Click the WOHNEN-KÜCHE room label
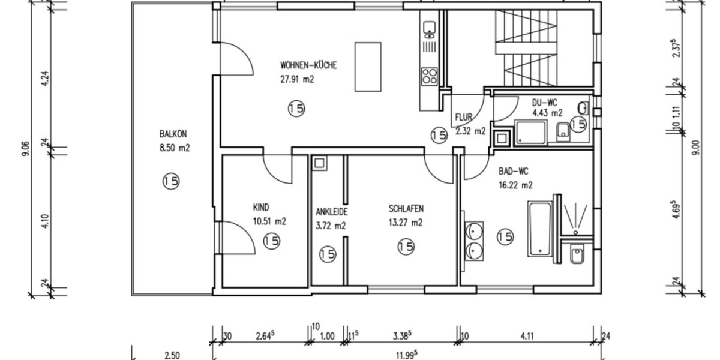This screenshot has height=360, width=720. pyautogui.click(x=308, y=65)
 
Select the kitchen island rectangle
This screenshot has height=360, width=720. pyautogui.click(x=368, y=66)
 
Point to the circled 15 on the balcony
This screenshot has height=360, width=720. pyautogui.click(x=171, y=181)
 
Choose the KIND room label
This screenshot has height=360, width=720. pyautogui.click(x=262, y=208)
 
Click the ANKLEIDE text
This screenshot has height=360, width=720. pyautogui.click(x=332, y=212)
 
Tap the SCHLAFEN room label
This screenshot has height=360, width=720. pyautogui.click(x=406, y=209)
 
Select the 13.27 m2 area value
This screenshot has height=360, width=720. pyautogui.click(x=406, y=223)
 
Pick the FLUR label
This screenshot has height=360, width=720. pyautogui.click(x=464, y=117)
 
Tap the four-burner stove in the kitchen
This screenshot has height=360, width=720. pyautogui.click(x=429, y=75)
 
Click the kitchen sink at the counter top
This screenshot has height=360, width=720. pyautogui.click(x=429, y=28)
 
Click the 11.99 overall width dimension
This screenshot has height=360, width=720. pyautogui.click(x=406, y=354)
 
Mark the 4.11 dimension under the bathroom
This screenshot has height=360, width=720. pyautogui.click(x=526, y=337)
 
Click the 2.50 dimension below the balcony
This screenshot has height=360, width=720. pyautogui.click(x=172, y=355)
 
